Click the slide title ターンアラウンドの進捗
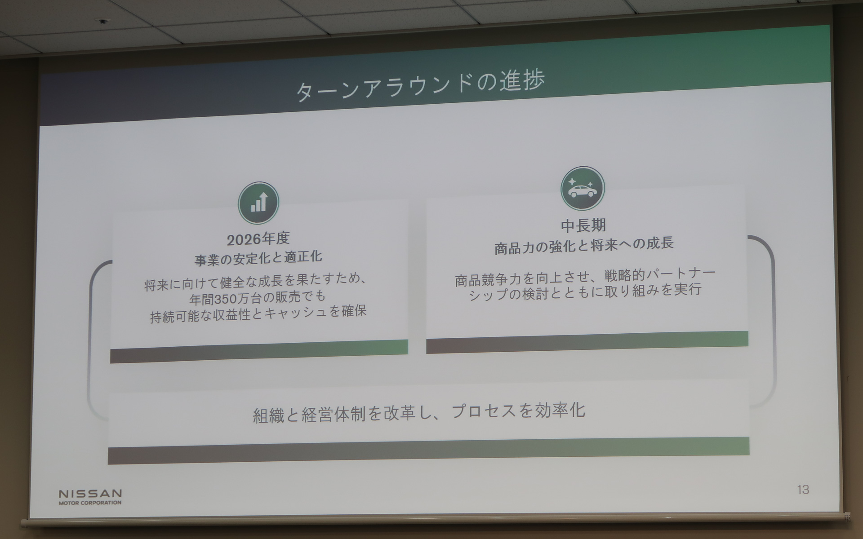pos(420,85)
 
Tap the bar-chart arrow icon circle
pos(258,203)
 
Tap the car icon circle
pos(583,189)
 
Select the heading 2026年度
pos(258,239)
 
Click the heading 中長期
pos(583,225)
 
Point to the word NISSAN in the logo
pos(90,494)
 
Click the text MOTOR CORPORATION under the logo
pos(90,503)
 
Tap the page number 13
pos(803,490)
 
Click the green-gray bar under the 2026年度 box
pos(259,351)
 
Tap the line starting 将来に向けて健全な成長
pos(256,282)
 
